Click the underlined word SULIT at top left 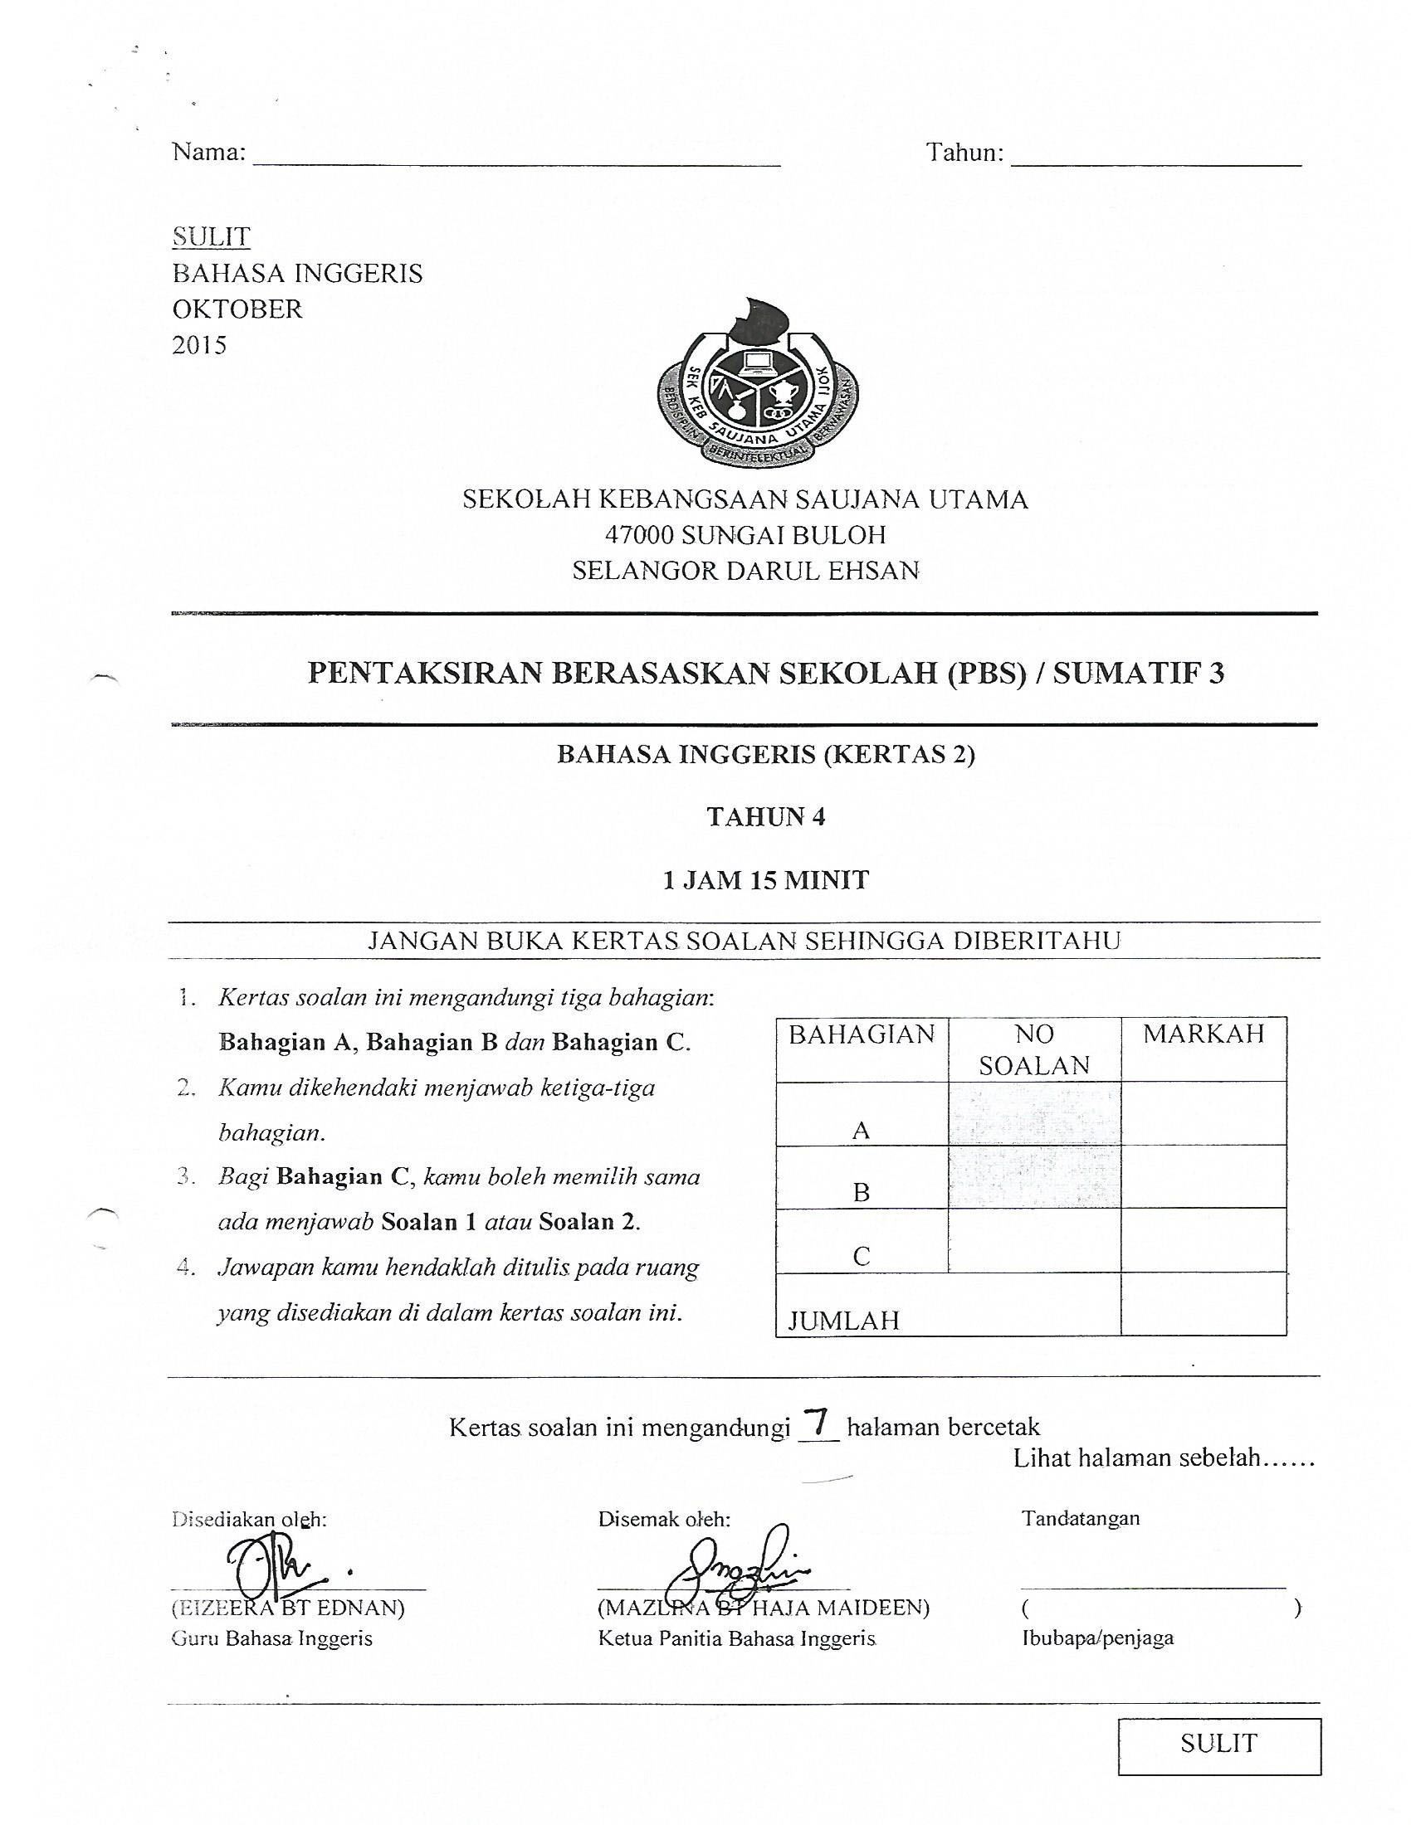pyautogui.click(x=211, y=237)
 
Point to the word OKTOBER pyautogui.click(x=237, y=309)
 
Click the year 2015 pyautogui.click(x=199, y=345)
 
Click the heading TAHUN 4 pyautogui.click(x=766, y=816)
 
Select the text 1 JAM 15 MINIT pyautogui.click(x=766, y=880)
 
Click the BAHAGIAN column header pyautogui.click(x=861, y=1034)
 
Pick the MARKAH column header pyautogui.click(x=1203, y=1034)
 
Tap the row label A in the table pyautogui.click(x=861, y=1131)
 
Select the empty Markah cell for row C pyautogui.click(x=1203, y=1240)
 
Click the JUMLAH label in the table pyautogui.click(x=844, y=1321)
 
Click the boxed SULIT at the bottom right pyautogui.click(x=1218, y=1743)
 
